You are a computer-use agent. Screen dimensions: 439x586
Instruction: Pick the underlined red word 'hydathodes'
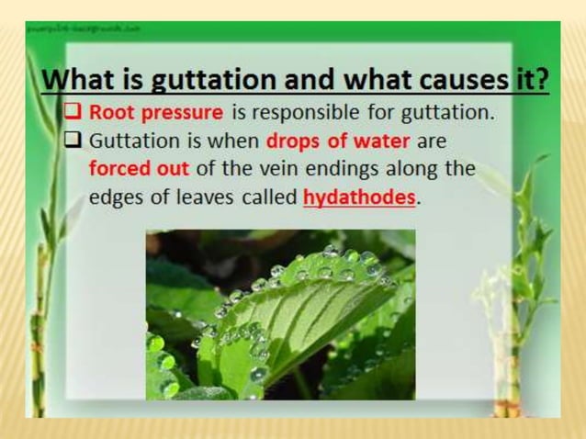(359, 197)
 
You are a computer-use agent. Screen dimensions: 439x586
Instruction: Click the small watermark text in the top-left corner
(83, 28)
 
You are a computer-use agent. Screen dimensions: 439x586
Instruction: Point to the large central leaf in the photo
(303, 312)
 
